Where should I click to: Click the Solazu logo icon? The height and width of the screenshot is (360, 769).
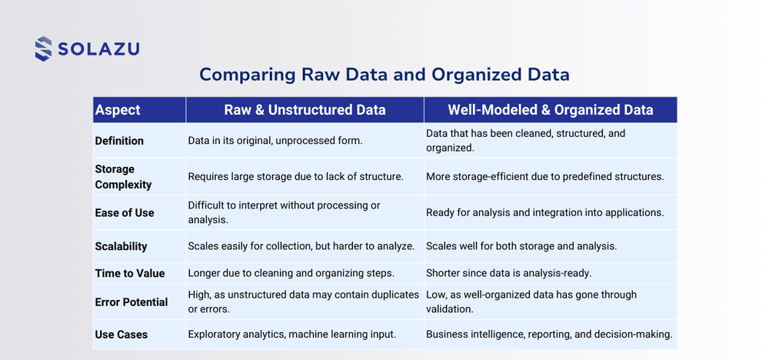[x=43, y=48]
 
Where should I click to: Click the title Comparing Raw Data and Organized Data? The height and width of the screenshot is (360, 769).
[x=384, y=75]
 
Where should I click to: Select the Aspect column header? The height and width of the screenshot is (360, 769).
[x=118, y=110]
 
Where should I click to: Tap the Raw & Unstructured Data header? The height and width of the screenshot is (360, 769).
[x=305, y=110]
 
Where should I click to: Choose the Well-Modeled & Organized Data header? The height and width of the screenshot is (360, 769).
[x=550, y=110]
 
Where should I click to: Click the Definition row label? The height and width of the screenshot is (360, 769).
[x=119, y=141]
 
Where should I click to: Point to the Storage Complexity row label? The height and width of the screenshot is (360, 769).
[x=123, y=176]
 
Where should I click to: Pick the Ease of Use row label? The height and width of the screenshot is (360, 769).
[x=125, y=212]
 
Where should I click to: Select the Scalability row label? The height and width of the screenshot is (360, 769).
[x=121, y=246]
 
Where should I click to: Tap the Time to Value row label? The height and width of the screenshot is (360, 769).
[x=129, y=274]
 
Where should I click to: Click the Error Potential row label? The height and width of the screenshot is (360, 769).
[x=131, y=302]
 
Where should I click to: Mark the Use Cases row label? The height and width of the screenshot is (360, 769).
[x=121, y=335]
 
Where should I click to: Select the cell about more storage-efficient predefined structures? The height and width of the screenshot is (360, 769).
[x=544, y=176]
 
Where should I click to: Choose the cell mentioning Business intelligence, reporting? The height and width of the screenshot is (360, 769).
[x=550, y=335]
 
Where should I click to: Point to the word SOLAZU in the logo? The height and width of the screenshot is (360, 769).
[x=98, y=50]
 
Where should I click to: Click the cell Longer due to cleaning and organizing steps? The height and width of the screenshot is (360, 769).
[x=291, y=274]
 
